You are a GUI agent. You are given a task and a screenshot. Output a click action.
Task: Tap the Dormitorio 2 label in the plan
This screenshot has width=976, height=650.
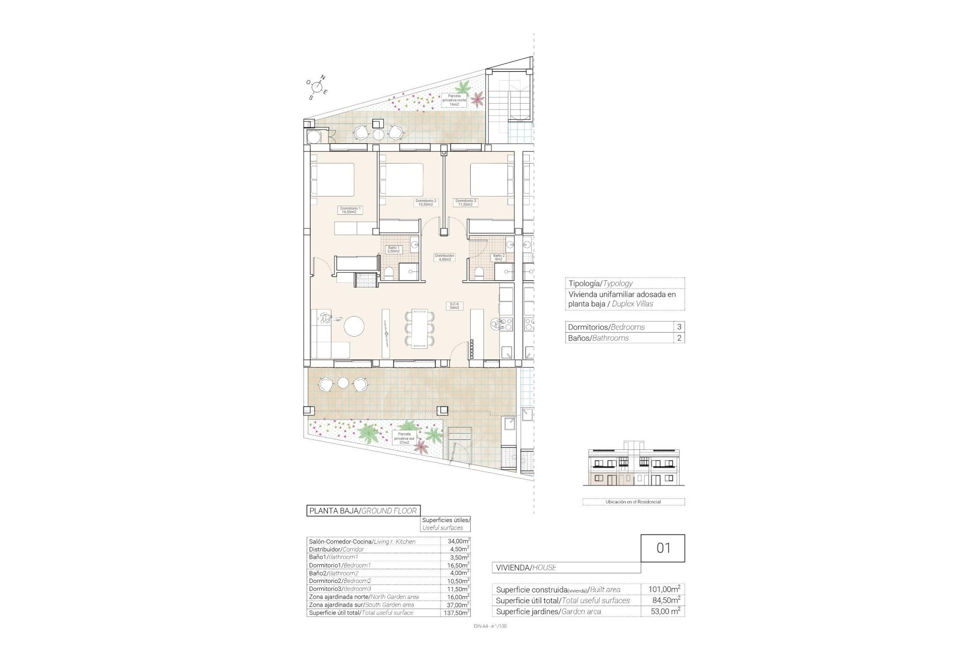(426, 203)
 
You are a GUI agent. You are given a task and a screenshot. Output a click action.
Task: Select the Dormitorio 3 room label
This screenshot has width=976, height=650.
(466, 203)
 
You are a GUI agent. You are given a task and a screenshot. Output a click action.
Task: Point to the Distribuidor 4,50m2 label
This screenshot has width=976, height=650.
(444, 257)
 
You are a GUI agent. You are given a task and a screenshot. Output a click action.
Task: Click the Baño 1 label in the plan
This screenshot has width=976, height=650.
(393, 249)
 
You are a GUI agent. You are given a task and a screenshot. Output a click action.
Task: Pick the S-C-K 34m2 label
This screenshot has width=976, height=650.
(454, 306)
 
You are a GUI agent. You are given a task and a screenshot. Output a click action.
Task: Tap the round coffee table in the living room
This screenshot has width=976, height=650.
(354, 326)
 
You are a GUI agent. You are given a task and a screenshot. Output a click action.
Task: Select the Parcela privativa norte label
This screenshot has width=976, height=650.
(454, 100)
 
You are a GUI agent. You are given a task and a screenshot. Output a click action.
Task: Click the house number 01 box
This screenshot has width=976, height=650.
(663, 548)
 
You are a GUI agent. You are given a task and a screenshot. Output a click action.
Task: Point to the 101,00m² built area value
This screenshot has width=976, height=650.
(664, 590)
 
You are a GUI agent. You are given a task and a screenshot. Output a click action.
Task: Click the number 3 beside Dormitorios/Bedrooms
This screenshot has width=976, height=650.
(679, 327)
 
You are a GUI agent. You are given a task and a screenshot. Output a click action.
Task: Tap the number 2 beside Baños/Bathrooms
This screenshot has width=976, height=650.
(679, 338)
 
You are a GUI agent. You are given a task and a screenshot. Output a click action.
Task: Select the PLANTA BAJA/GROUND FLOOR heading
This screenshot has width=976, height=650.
(363, 511)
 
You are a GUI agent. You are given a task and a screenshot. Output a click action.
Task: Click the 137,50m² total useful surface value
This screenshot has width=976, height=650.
(455, 613)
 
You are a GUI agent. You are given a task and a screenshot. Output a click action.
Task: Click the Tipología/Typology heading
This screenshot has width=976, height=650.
(600, 283)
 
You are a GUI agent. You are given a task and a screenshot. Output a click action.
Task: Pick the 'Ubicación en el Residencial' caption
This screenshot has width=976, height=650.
(633, 502)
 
